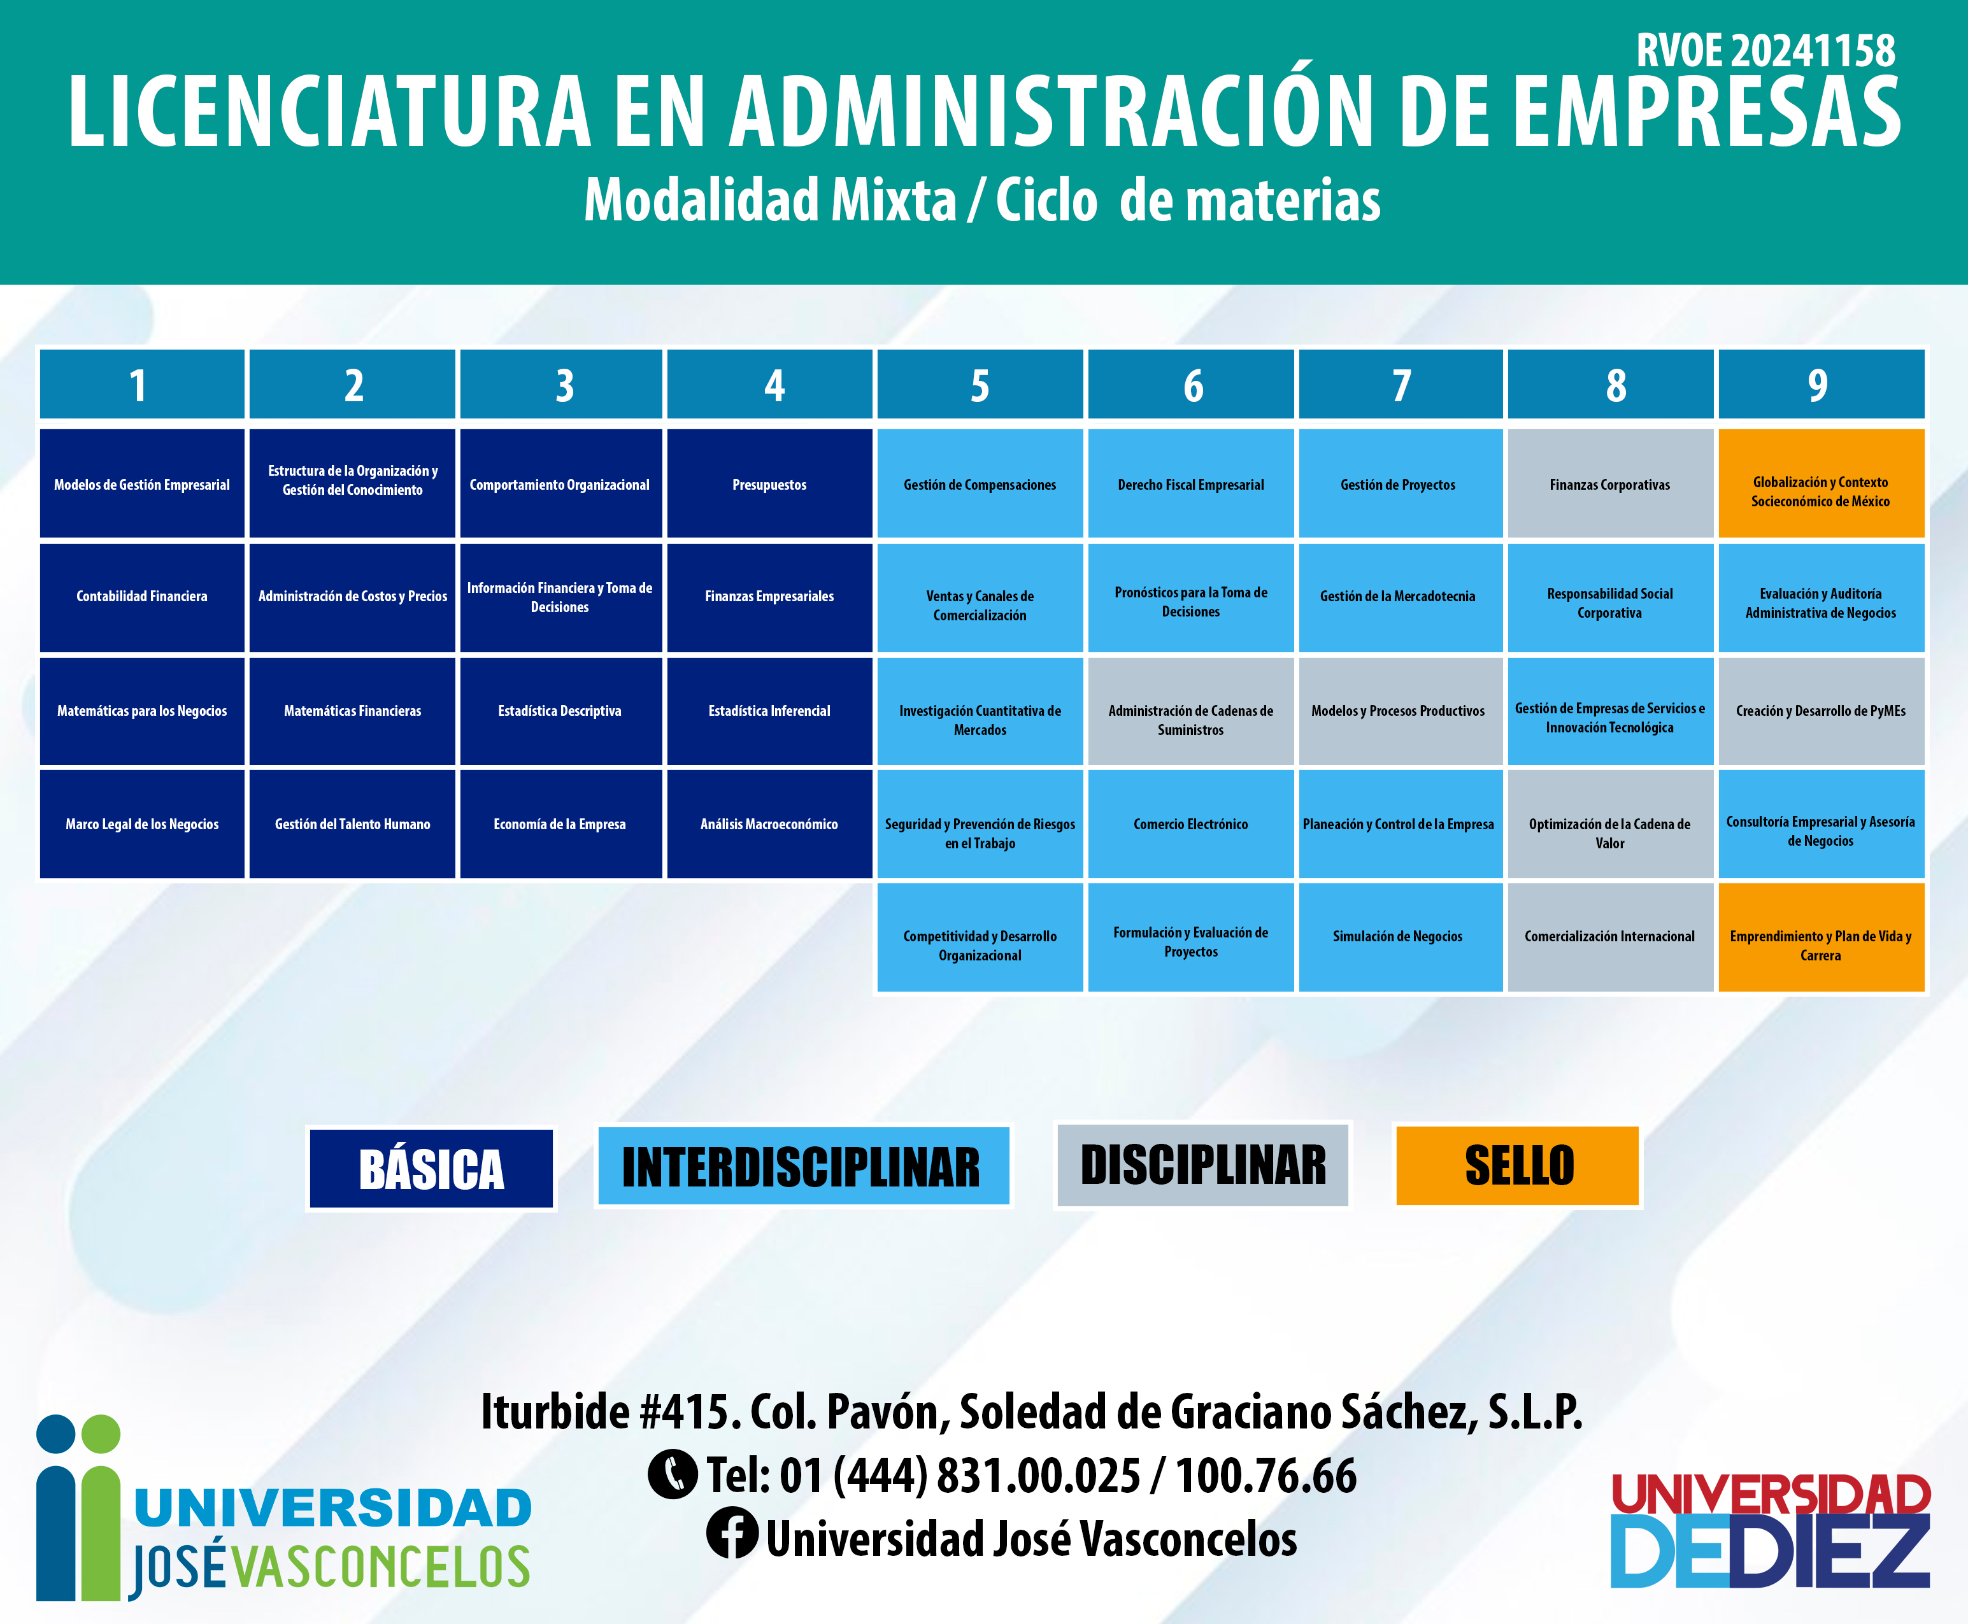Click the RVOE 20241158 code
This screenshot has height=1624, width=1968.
1765,50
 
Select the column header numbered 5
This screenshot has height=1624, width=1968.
980,385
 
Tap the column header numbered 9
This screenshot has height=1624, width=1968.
1820,385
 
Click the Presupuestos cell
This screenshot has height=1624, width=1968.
769,483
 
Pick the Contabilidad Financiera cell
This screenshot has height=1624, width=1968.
142,597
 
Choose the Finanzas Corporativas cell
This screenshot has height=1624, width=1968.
1610,483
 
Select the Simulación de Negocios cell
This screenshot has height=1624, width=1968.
1401,936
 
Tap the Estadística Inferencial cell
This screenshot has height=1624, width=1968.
769,711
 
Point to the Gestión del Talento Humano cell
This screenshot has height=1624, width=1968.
353,823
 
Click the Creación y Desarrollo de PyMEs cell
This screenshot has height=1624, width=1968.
1820,711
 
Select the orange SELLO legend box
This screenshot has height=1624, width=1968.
1517,1165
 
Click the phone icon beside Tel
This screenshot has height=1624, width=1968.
673,1474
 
